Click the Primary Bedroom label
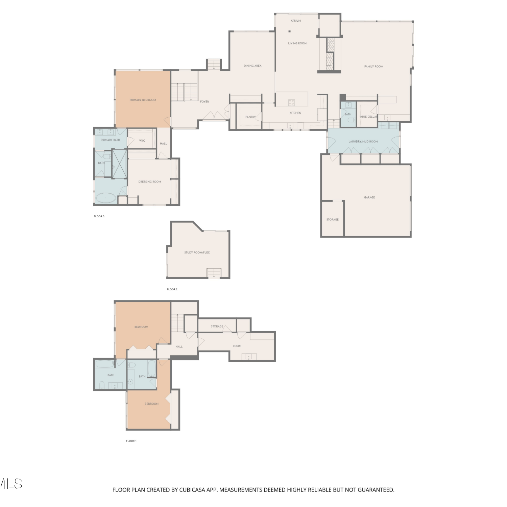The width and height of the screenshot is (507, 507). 143,100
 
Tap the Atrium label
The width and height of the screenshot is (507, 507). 296,21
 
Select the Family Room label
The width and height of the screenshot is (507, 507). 374,67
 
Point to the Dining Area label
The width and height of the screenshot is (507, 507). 252,66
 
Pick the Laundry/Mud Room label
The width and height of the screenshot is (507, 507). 363,142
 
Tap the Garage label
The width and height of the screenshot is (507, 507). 369,197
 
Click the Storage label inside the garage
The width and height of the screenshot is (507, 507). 332,220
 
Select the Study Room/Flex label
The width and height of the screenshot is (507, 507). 197,252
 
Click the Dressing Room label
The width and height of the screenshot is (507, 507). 149,182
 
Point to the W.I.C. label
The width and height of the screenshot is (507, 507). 142,141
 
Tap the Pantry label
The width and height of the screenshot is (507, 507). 250,117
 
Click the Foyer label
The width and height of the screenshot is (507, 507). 204,102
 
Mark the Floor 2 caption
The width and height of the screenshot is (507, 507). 172,289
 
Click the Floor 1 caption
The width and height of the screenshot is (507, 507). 131,441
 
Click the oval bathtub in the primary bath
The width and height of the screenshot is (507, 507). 106,198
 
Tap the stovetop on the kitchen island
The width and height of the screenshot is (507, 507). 291,102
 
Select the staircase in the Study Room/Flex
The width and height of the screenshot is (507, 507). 214,273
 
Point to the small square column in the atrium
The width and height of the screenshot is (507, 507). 289,32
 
